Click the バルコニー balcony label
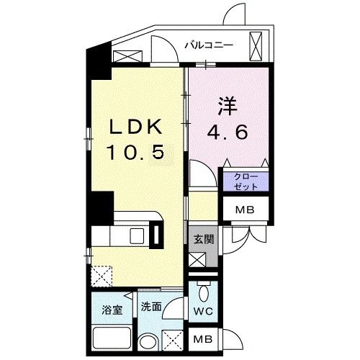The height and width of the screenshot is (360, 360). coord(208,45)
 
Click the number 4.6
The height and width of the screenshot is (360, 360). coord(229,132)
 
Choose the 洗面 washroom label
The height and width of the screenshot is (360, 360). coord(150,306)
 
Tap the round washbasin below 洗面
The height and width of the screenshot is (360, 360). coord(148,342)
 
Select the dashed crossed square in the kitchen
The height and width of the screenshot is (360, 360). coord(102,275)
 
